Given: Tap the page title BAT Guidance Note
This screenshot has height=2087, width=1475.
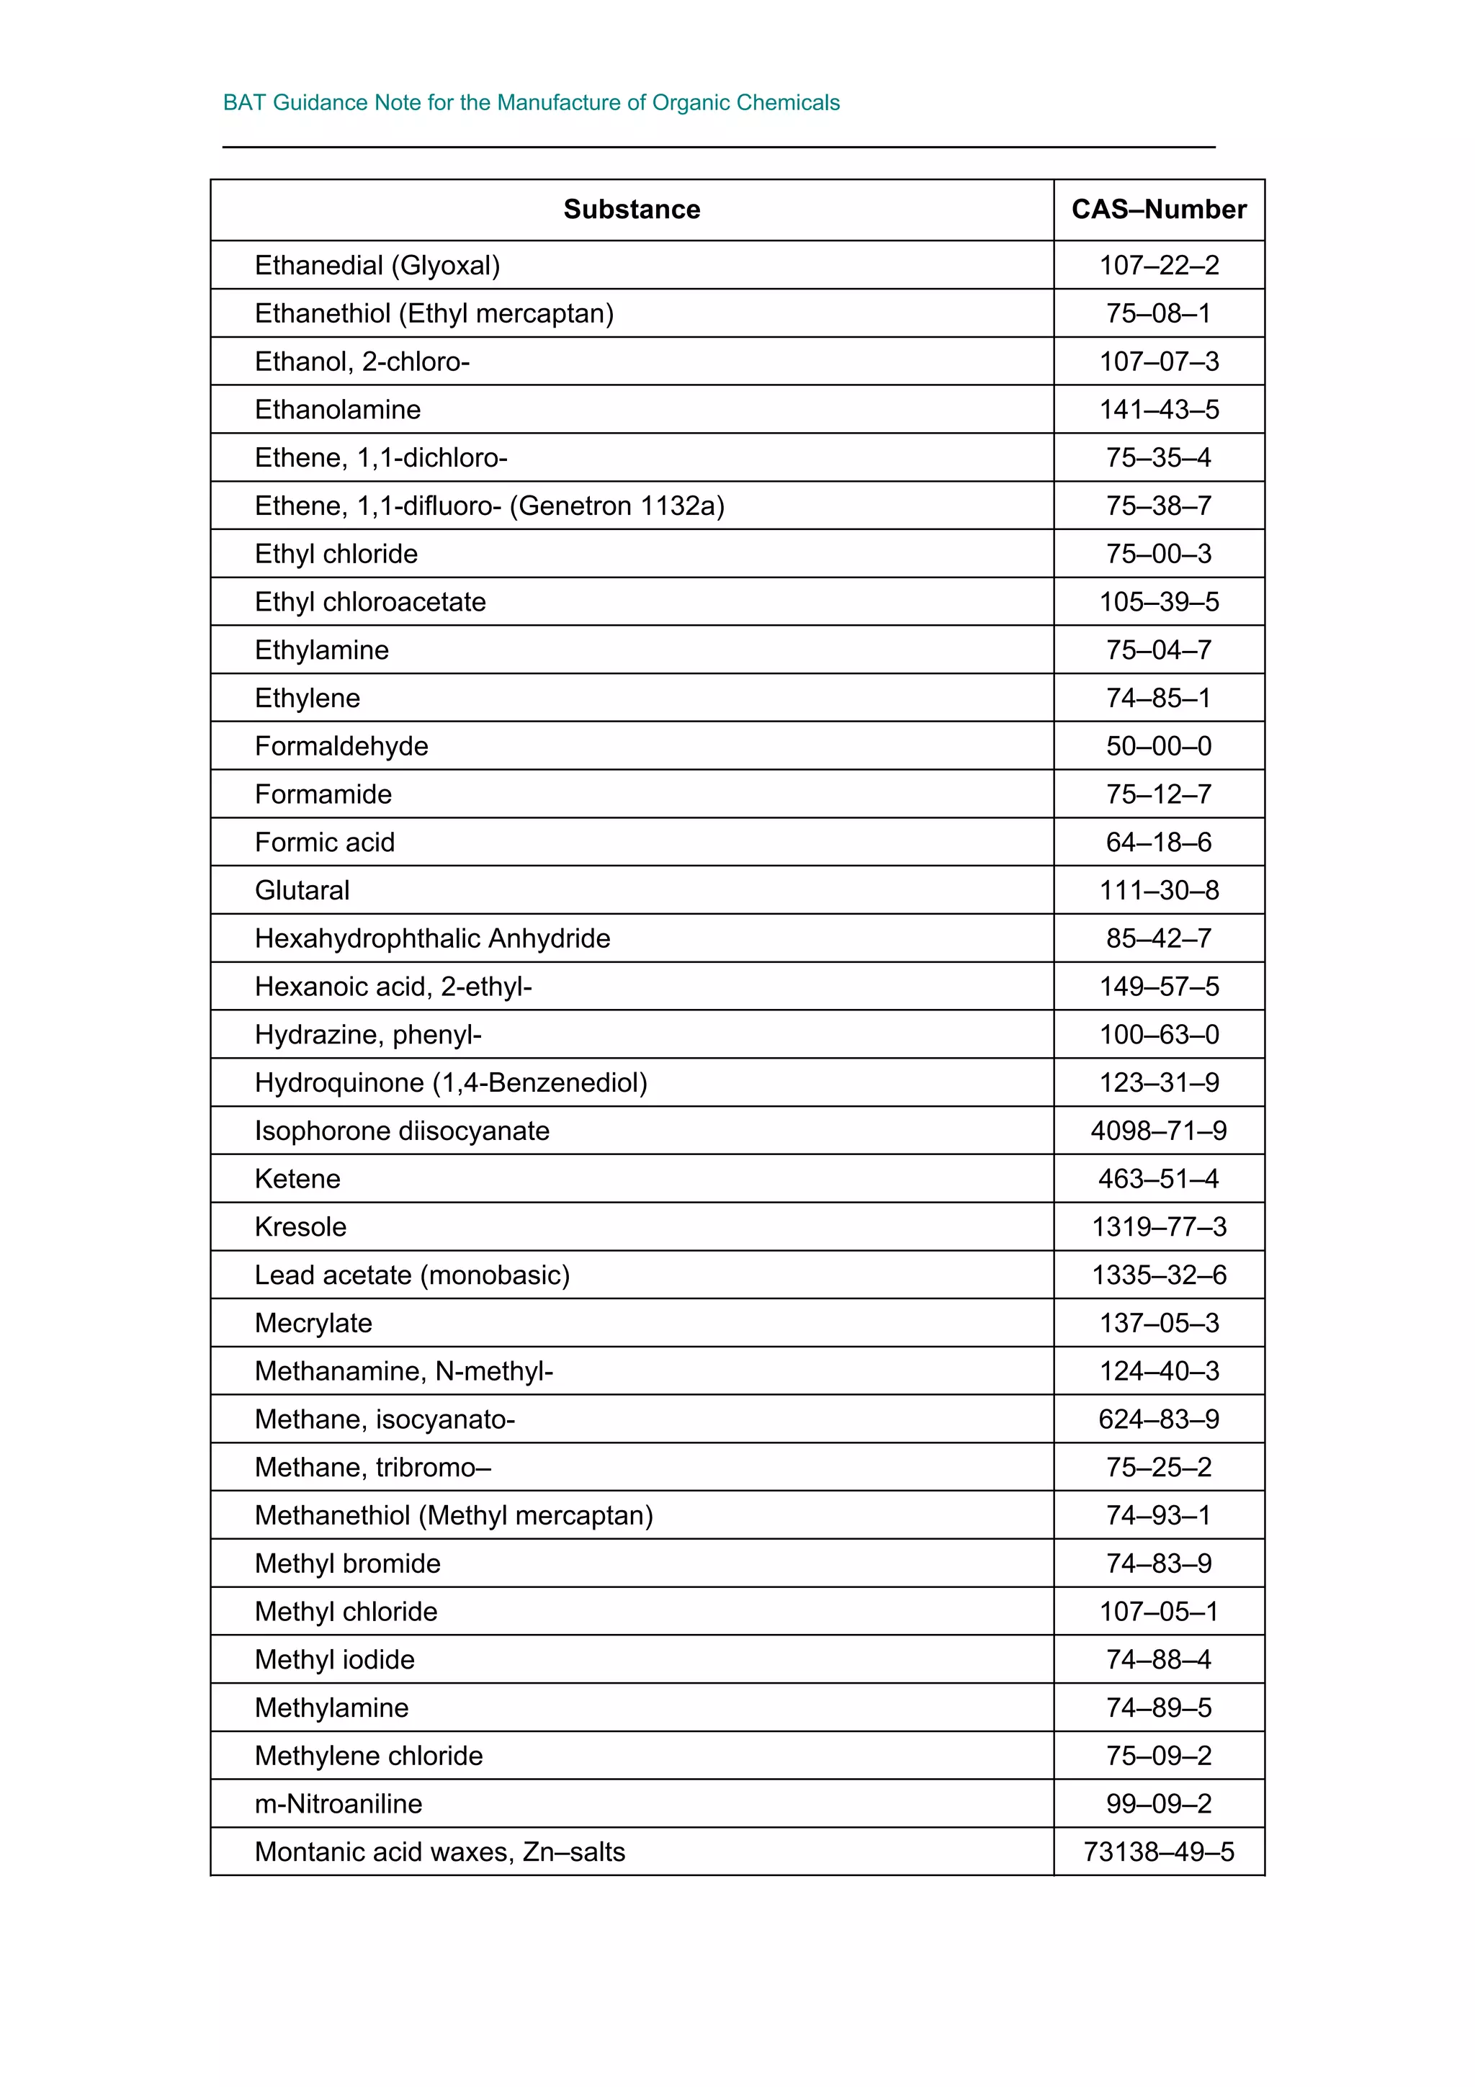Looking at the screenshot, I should (531, 103).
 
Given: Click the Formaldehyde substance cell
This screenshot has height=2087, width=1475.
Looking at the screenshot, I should (341, 746).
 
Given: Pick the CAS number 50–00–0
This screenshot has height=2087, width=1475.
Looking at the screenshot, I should (1159, 746).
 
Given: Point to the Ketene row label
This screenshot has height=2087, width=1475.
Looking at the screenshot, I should (297, 1179).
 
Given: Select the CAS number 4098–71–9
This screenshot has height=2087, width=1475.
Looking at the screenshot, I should (1159, 1131).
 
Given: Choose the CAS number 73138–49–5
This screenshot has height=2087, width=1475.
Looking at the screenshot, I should (1159, 1852).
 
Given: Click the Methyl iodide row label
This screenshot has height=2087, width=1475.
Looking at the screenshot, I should (334, 1660).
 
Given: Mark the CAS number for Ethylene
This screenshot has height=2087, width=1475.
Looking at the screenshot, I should (1159, 698).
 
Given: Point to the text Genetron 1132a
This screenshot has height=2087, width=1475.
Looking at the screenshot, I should (617, 506).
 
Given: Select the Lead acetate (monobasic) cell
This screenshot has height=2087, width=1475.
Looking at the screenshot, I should (412, 1275).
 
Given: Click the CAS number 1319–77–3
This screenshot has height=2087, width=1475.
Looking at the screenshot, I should (1159, 1227).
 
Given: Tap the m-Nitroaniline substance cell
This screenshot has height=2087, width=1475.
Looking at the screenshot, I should (338, 1803).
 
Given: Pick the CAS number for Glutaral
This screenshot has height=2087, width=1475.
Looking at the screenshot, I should (1159, 890).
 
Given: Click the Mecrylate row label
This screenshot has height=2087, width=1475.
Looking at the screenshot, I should (313, 1324).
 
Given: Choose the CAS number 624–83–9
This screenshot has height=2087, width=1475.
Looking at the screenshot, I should (1159, 1419).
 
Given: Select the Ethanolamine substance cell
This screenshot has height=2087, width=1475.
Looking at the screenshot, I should (337, 410).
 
